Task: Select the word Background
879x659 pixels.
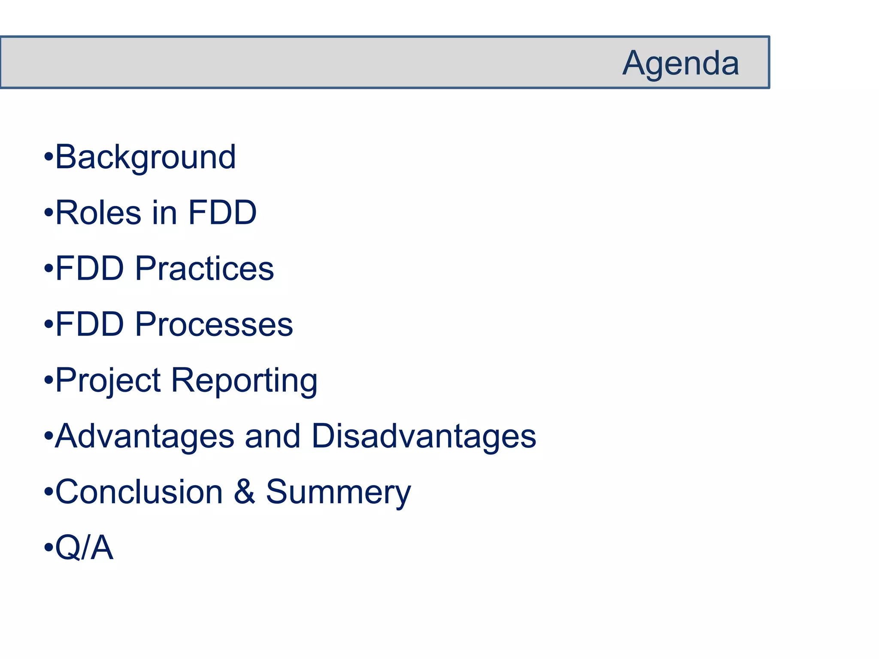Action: [145, 157]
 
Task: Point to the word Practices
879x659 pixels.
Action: [204, 269]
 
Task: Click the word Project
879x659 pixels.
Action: [108, 381]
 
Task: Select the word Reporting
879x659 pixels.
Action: [244, 381]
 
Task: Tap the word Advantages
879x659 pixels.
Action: [145, 436]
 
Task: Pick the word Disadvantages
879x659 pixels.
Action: [424, 436]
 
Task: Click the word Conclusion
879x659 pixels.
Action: [139, 492]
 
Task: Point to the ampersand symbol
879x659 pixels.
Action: [244, 492]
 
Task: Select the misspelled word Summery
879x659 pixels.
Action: [338, 493]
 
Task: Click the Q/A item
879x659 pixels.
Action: [84, 547]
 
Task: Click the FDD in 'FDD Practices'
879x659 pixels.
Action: [90, 269]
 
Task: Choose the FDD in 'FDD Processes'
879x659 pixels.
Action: [90, 324]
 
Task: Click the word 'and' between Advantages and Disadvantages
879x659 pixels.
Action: [273, 436]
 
